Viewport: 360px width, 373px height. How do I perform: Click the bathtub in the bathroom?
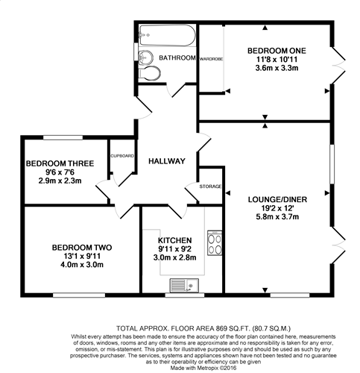167,35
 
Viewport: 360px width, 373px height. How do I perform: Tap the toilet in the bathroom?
150,72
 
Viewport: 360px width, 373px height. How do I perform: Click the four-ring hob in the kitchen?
215,243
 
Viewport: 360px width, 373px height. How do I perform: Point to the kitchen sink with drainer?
184,285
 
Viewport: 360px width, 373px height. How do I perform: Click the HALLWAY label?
167,161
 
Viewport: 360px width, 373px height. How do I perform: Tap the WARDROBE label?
212,59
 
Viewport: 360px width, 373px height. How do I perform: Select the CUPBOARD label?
122,156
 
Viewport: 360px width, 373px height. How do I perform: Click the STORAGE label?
210,186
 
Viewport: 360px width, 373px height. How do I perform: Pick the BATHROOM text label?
177,58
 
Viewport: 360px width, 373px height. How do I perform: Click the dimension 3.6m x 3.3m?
277,68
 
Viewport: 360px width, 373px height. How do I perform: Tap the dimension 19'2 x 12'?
277,208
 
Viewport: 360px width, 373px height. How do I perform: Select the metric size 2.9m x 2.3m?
60,181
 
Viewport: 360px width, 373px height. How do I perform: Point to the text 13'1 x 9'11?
82,256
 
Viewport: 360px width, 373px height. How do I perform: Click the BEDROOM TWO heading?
82,248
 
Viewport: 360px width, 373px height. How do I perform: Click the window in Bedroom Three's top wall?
63,137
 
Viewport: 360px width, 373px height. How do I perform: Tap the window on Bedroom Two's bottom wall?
79,295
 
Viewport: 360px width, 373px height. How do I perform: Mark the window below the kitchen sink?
185,295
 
